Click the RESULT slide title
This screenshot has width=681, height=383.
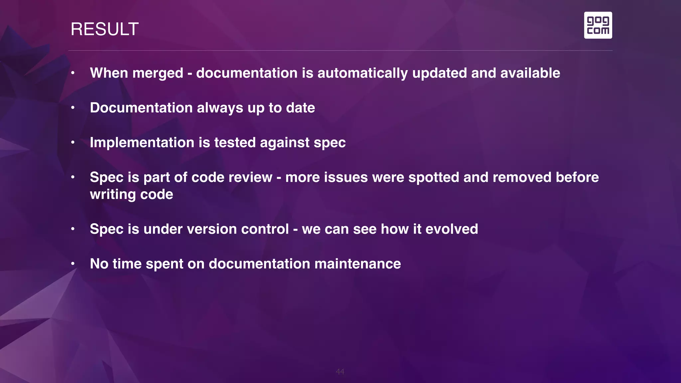104,29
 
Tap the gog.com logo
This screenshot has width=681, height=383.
598,25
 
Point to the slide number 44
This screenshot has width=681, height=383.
340,371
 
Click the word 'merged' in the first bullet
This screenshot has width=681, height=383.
158,73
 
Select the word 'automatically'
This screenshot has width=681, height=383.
362,73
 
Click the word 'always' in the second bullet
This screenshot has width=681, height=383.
220,108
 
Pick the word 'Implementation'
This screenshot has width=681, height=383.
142,143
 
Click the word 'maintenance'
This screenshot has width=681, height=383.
357,264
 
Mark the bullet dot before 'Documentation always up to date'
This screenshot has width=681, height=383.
72,108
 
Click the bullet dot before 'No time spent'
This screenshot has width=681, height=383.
72,264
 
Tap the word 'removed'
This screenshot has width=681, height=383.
522,178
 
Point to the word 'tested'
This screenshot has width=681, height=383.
235,143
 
